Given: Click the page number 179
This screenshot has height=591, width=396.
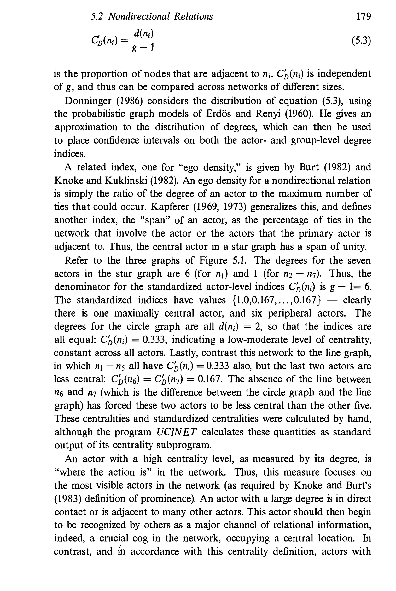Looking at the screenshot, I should click(364, 17).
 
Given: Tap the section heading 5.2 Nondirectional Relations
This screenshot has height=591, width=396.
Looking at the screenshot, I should click(152, 17).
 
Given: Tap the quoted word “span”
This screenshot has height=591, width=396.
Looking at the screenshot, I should click(154, 220).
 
